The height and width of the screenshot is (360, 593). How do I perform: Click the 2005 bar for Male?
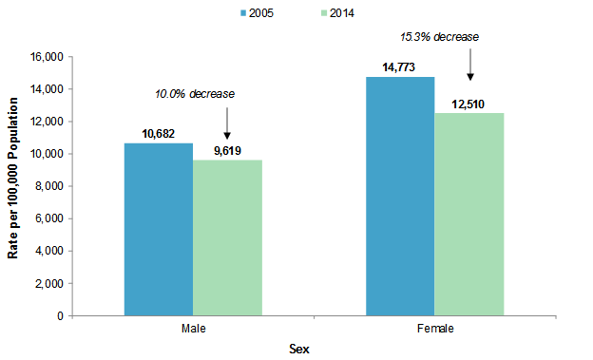(x=159, y=229)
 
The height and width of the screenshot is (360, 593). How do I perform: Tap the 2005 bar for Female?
(x=400, y=196)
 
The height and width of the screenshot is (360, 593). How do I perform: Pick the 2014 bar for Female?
(x=469, y=214)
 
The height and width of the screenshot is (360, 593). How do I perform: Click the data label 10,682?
(x=159, y=134)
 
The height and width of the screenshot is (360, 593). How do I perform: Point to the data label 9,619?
(x=227, y=151)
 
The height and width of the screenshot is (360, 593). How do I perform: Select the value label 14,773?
(x=400, y=67)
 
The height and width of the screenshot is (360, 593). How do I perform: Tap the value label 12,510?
(x=469, y=104)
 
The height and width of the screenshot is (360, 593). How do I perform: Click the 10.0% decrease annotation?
(x=195, y=94)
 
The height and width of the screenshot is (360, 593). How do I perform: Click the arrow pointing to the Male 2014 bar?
(x=227, y=123)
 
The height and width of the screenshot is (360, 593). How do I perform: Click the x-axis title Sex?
(x=299, y=349)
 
